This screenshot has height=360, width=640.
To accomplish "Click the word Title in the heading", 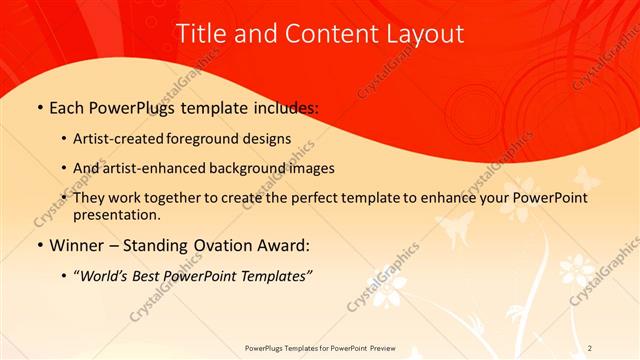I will click(x=200, y=33).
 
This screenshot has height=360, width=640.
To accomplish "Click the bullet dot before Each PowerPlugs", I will click(x=39, y=108).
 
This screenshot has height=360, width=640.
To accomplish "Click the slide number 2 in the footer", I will click(x=590, y=347).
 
